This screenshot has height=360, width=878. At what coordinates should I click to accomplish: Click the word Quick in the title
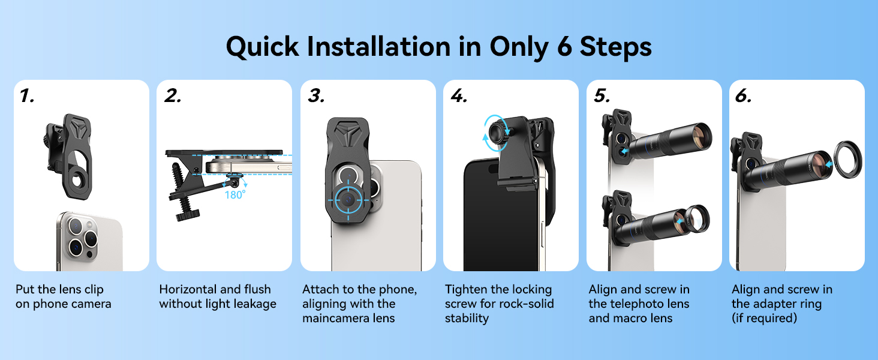tap(263, 47)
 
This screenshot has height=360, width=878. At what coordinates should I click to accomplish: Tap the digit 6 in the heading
tap(564, 47)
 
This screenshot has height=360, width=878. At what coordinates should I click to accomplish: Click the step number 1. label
tap(27, 95)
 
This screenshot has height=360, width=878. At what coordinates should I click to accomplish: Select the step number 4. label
tap(459, 95)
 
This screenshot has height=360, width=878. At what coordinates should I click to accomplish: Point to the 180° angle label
tap(234, 194)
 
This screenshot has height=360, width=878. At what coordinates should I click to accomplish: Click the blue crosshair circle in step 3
tap(348, 200)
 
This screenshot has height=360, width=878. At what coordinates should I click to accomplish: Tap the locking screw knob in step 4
tap(498, 133)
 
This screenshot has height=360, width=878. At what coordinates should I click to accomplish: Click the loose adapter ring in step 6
tap(848, 160)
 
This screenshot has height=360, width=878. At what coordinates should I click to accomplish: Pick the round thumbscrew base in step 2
tap(187, 215)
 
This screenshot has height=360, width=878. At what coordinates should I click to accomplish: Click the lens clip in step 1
tap(70, 156)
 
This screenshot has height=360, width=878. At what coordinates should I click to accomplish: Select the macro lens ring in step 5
tap(697, 220)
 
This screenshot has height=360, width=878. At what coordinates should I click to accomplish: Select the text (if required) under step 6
tap(764, 318)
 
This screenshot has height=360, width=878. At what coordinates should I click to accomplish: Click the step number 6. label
tap(743, 95)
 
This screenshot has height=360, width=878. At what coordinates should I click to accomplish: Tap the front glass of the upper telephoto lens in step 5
tap(701, 136)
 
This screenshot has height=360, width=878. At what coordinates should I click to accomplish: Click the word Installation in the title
tap(378, 47)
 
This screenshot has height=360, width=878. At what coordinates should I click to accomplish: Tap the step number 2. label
tap(173, 95)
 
